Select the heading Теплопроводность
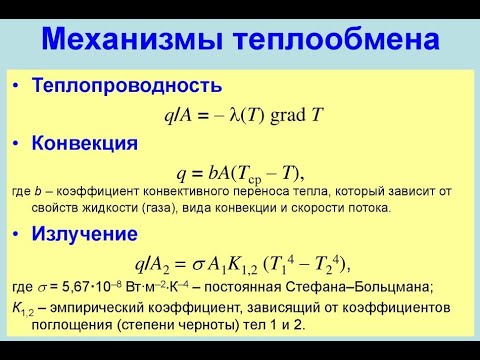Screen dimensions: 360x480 (124, 87)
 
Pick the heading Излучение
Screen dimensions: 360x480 (85, 236)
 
